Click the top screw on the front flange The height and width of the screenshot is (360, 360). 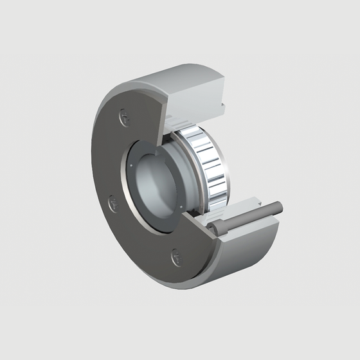[124, 118]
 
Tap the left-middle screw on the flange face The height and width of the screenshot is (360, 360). [113, 204]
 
